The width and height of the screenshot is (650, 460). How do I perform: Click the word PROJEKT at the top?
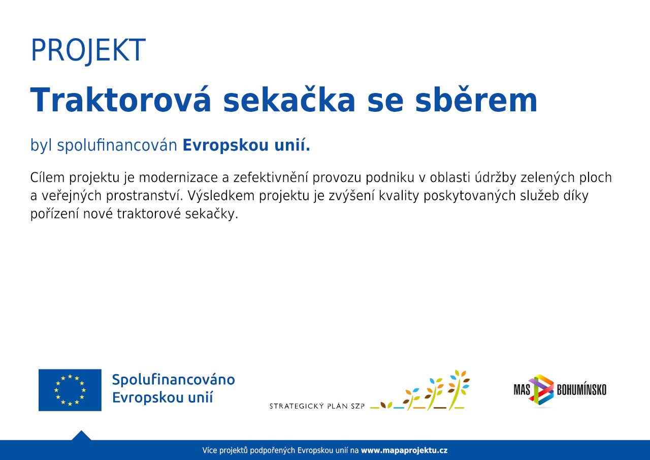[x=88, y=50]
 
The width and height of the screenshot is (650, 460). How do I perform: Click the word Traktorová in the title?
[x=120, y=100]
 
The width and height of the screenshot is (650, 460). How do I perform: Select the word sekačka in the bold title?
[x=289, y=100]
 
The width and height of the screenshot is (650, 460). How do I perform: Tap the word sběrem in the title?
[x=476, y=100]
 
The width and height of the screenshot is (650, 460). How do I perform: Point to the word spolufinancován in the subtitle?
[x=117, y=145]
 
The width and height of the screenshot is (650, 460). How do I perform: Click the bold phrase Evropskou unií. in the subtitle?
[x=246, y=145]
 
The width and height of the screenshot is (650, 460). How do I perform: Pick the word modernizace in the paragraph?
[x=178, y=177]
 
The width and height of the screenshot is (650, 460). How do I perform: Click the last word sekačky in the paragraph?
[x=212, y=214]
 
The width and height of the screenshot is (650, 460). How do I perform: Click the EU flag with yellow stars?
[x=70, y=390]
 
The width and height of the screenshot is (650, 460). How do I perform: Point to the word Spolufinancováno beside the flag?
[x=174, y=380]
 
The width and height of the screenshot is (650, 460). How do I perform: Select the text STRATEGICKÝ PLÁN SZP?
[x=317, y=406]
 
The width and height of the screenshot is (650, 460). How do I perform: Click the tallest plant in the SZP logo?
[x=458, y=390]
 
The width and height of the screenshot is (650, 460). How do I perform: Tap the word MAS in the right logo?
[x=522, y=390]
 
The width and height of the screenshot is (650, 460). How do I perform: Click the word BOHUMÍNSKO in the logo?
[x=581, y=390]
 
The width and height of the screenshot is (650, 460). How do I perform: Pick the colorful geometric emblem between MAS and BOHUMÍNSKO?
[x=541, y=390]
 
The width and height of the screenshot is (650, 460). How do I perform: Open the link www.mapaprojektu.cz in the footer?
[x=404, y=450]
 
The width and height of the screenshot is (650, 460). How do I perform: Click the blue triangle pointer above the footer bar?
[x=81, y=436]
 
